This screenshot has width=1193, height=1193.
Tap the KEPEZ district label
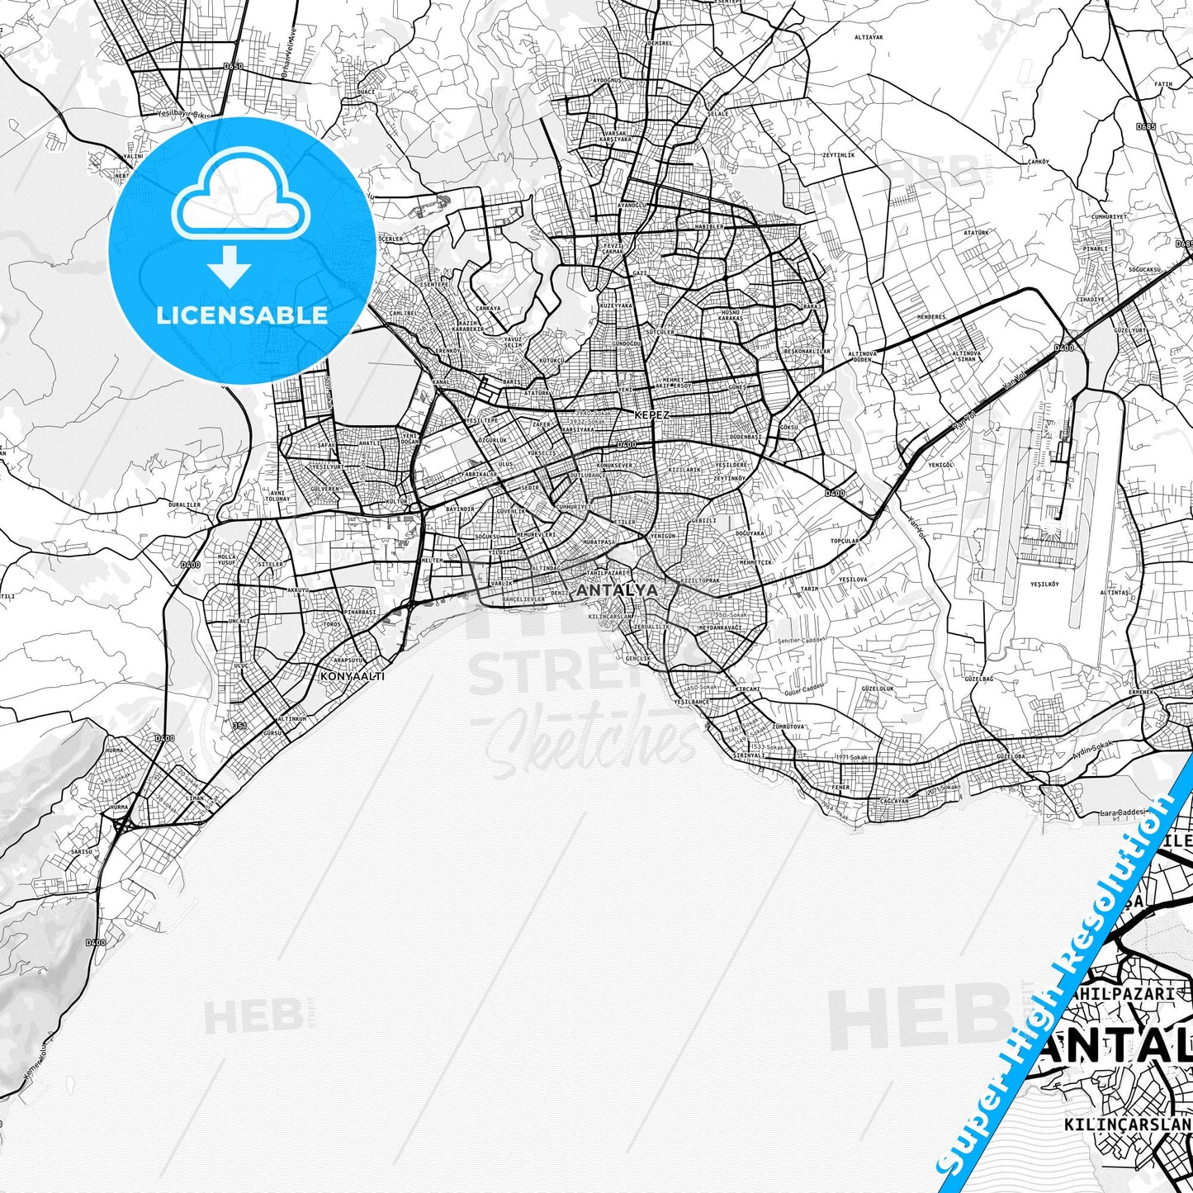point(651,414)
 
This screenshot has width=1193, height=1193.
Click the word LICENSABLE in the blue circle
point(242,315)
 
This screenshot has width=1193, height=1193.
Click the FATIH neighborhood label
point(1163,84)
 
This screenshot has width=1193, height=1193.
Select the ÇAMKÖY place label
point(1038,162)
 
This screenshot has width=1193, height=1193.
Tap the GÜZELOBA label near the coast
point(1011,756)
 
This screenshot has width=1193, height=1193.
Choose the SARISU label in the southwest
point(81,850)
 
